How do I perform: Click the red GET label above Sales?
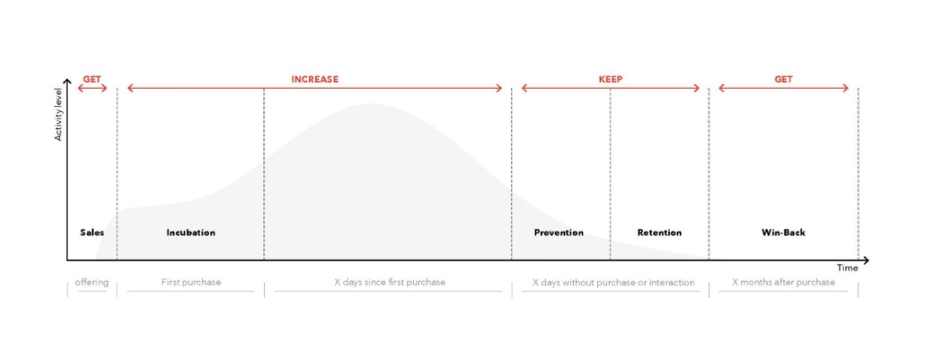point(91,79)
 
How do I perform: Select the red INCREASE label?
point(315,79)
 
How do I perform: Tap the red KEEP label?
point(611,79)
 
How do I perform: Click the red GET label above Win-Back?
point(783,79)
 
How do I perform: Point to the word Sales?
point(92,232)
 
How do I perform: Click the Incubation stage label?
point(190,232)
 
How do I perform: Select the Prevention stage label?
point(559,232)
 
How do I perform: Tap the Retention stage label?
point(659,232)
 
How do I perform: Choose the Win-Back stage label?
point(783,232)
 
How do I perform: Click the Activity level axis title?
point(59,114)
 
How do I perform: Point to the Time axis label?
point(848,268)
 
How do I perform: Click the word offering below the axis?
point(91,282)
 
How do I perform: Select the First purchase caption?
point(190,282)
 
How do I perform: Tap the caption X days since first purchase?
point(389,282)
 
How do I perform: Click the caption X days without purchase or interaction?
point(613,282)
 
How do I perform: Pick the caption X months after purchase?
point(783,282)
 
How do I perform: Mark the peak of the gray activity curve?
point(371,105)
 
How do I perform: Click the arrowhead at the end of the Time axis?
point(866,260)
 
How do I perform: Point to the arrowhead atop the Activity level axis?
point(67,81)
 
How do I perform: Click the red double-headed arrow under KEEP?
point(611,88)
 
